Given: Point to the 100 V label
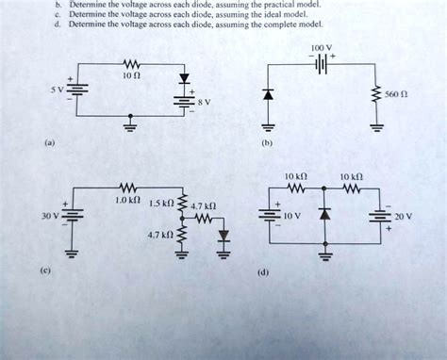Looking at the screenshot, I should point(322,46).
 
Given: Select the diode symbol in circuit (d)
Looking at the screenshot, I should point(325,208).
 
